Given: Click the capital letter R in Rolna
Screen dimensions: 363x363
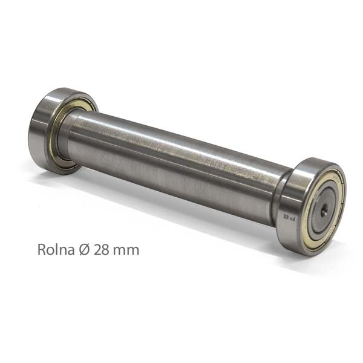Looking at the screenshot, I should point(41,249).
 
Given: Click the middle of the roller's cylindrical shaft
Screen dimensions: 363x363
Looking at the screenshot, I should point(175,163).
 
